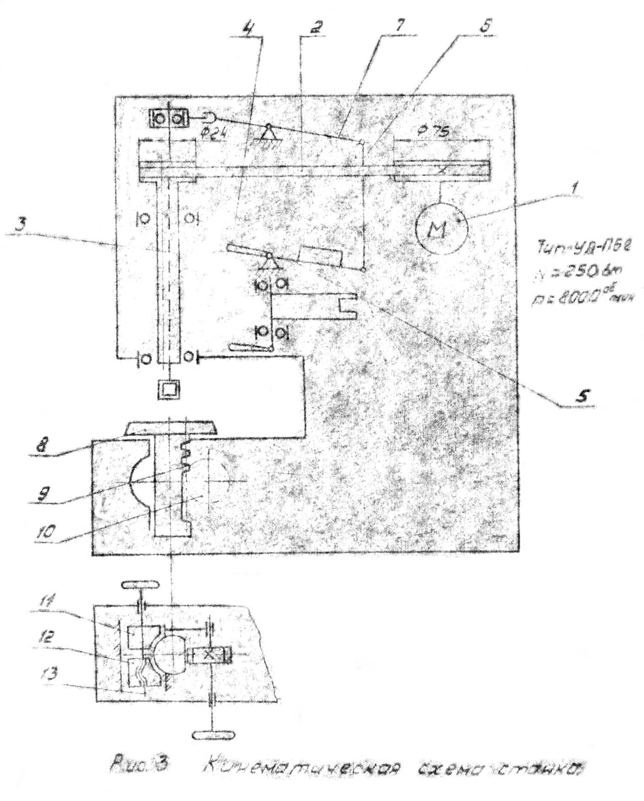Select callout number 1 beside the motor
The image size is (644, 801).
575,187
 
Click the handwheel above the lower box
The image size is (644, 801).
140,586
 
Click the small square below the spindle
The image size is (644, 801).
169,390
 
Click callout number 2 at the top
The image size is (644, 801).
315,28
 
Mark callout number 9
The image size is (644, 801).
44,494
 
